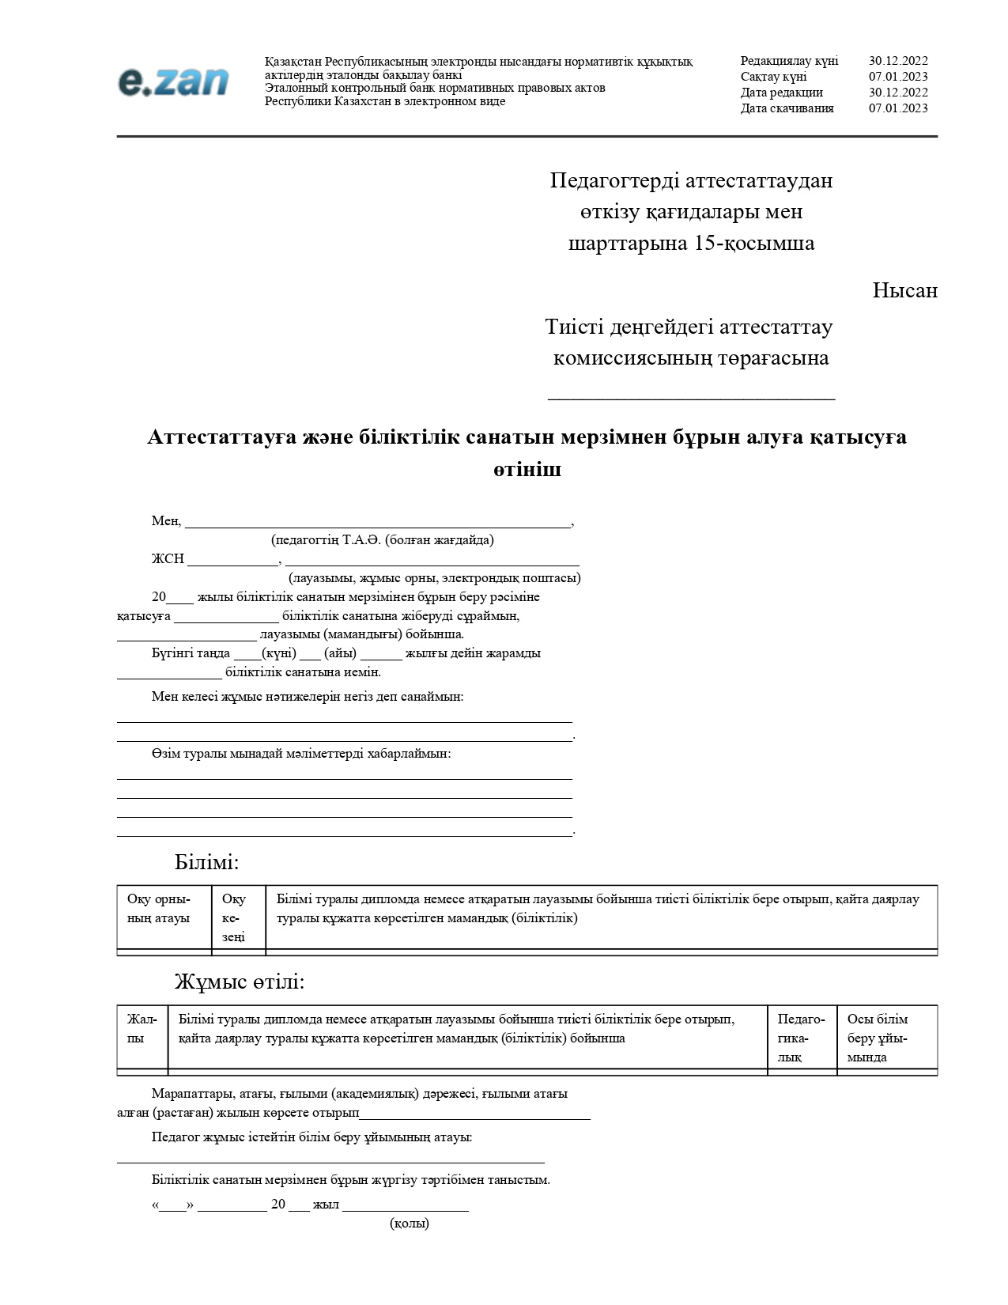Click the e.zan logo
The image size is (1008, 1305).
tap(173, 81)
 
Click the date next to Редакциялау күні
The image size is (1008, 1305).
tap(897, 61)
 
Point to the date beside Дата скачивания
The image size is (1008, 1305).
tap(897, 108)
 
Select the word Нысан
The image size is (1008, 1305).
tap(904, 291)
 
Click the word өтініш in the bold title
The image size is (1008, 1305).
tap(527, 469)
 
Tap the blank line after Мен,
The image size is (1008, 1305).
tap(377, 522)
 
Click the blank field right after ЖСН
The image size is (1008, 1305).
tap(232, 560)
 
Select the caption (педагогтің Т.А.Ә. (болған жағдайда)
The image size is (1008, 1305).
tap(382, 540)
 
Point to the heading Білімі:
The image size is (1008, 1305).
tap(206, 862)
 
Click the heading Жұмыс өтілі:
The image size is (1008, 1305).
tap(239, 982)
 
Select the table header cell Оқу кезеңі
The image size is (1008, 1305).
tap(235, 917)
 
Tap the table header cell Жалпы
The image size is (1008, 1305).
tap(142, 1029)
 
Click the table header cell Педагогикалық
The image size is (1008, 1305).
tap(800, 1038)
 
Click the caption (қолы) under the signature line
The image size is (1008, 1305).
tap(409, 1224)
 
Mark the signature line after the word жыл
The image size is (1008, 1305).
tap(405, 1206)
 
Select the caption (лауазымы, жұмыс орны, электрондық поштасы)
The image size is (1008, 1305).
tap(434, 578)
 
